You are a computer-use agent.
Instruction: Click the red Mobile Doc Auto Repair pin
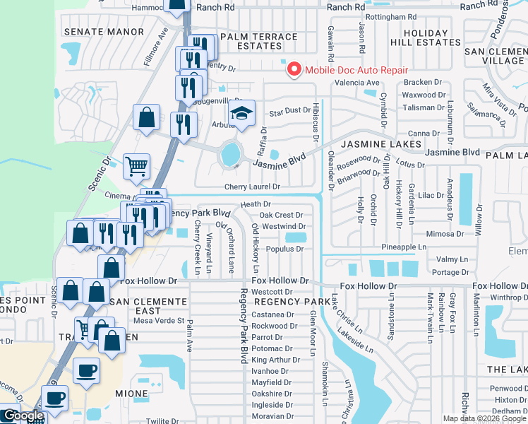(292, 70)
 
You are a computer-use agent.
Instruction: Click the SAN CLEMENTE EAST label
(138, 306)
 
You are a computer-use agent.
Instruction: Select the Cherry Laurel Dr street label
(252, 187)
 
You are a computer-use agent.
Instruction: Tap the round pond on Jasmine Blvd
(229, 153)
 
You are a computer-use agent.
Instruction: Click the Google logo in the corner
(23, 416)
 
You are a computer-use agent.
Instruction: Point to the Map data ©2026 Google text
(484, 418)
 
